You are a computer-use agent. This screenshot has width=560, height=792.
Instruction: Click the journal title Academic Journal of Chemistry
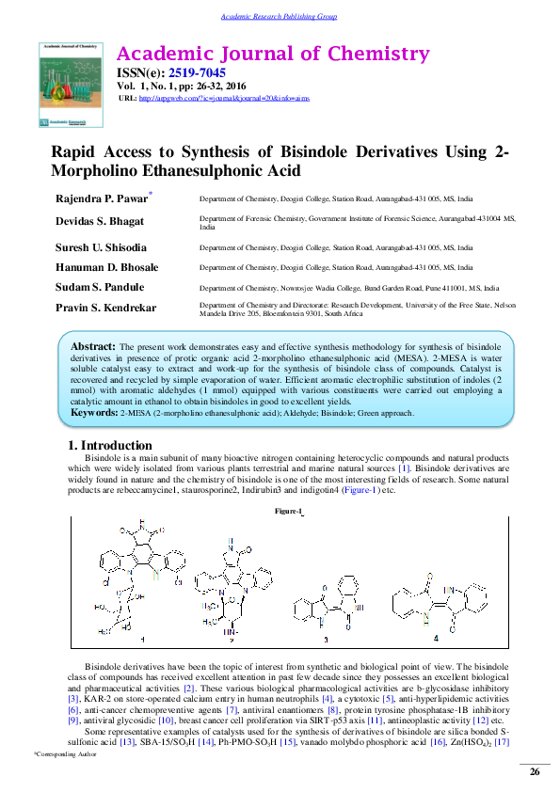pos(272,54)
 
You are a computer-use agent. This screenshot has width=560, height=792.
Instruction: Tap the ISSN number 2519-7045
pos(197,73)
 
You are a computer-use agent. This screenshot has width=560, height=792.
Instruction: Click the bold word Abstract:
pos(94,347)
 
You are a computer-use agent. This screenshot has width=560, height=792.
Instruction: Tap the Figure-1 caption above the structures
pos(288,511)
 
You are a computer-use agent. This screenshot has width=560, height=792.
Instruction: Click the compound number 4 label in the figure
pos(435,639)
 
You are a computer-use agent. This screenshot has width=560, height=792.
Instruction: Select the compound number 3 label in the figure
pos(326,640)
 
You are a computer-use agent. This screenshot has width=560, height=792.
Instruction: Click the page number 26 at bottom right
pos(535,772)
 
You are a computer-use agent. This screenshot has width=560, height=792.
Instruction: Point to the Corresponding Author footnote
pos(66,754)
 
